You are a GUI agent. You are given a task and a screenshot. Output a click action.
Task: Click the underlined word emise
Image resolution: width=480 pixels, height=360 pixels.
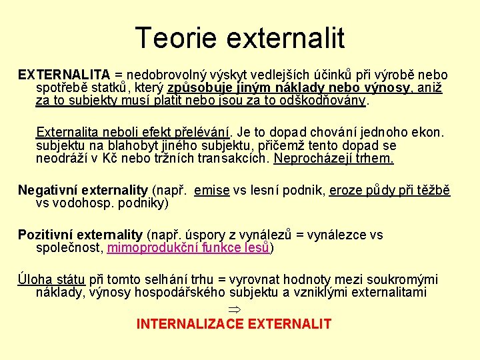coord(212,191)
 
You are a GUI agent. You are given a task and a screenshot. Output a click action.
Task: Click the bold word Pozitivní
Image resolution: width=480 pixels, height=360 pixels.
coord(45,235)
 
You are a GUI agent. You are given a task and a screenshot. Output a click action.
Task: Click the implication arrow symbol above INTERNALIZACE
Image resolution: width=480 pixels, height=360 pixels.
coord(233,309)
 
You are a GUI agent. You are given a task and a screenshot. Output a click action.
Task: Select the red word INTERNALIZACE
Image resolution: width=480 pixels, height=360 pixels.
coord(189,324)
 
